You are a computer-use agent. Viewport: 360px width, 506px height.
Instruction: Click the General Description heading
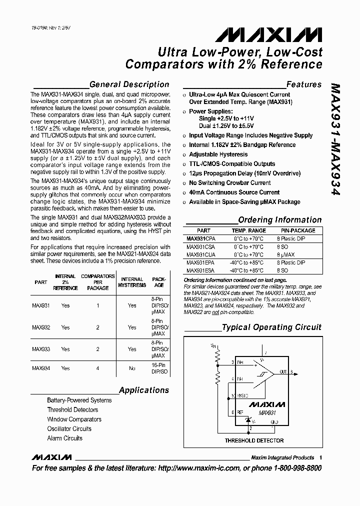(129, 84)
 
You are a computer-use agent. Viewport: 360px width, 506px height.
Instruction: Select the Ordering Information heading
(279, 219)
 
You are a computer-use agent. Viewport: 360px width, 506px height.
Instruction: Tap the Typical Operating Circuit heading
(271, 327)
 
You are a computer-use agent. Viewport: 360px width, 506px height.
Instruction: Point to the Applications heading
(144, 390)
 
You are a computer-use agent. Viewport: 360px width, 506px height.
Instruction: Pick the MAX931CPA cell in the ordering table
(200, 238)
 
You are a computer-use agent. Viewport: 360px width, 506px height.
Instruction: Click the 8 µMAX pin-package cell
(287, 254)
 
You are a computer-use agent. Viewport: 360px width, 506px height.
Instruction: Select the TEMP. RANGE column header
(248, 230)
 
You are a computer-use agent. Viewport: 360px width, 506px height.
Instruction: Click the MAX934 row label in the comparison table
(41, 368)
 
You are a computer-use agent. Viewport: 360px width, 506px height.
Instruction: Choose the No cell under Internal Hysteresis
(132, 368)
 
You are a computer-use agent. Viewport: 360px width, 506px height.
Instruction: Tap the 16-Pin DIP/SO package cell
(158, 368)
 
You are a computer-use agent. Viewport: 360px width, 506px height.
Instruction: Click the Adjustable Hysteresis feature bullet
(218, 154)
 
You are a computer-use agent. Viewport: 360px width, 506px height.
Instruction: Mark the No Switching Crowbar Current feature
(229, 183)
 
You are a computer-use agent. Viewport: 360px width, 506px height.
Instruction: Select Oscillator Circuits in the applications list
(69, 428)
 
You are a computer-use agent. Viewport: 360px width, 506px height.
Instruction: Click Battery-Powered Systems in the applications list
(79, 400)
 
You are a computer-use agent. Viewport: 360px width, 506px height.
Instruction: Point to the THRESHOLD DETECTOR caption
(253, 440)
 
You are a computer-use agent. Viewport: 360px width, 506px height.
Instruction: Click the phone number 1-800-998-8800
(291, 468)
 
